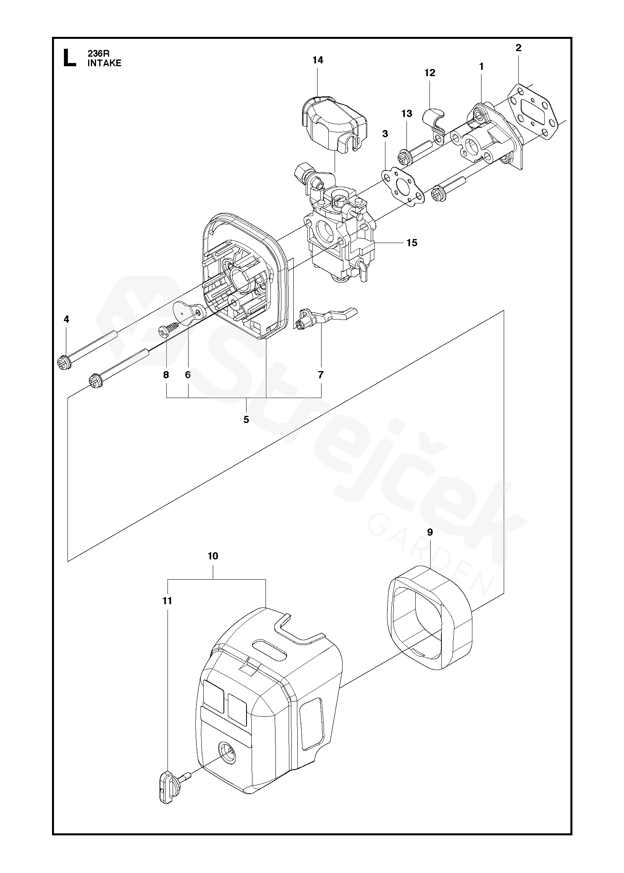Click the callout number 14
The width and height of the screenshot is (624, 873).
(318, 60)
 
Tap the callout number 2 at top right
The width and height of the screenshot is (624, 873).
(518, 48)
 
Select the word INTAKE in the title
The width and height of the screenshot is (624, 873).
(104, 63)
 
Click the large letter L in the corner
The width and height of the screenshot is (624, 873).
(70, 58)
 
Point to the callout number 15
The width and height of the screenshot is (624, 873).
(412, 243)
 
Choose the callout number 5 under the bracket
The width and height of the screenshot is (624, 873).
(246, 419)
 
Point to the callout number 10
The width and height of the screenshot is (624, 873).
(213, 556)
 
